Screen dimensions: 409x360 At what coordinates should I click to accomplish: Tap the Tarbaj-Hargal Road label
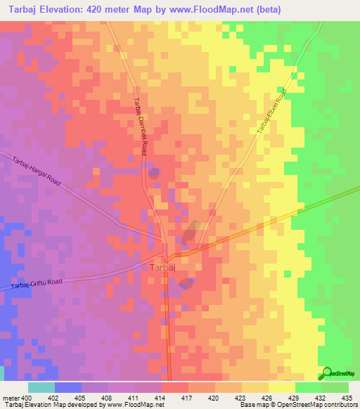pos(37,172)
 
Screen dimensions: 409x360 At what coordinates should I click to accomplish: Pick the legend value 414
pos(161,397)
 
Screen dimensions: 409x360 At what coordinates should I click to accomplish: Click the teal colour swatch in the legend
pos(41,387)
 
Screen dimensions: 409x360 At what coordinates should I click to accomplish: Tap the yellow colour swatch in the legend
pos(281,387)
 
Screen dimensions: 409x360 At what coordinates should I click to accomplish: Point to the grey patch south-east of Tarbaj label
pos(186,283)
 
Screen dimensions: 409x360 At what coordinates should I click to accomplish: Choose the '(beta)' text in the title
pos(280,10)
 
